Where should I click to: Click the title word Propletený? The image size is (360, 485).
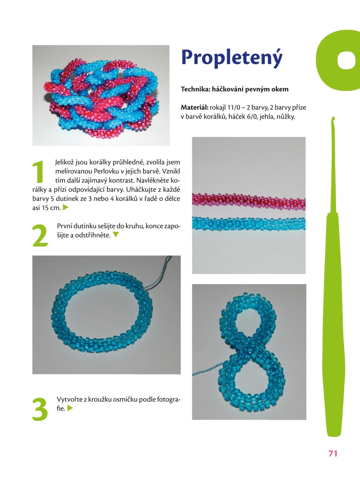(232, 58)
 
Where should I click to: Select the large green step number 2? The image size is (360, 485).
(40, 235)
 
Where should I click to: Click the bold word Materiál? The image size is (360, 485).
(194, 108)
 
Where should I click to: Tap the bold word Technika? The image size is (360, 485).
(195, 89)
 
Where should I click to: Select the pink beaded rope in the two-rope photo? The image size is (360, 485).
(249, 201)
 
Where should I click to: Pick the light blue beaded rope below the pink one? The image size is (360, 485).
(249, 223)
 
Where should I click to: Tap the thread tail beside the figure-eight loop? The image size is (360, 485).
(207, 369)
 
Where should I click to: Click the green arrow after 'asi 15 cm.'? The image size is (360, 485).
(66, 207)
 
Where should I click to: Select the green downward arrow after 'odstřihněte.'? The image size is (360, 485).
(116, 235)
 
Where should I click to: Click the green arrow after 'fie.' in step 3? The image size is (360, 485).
(70, 408)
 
